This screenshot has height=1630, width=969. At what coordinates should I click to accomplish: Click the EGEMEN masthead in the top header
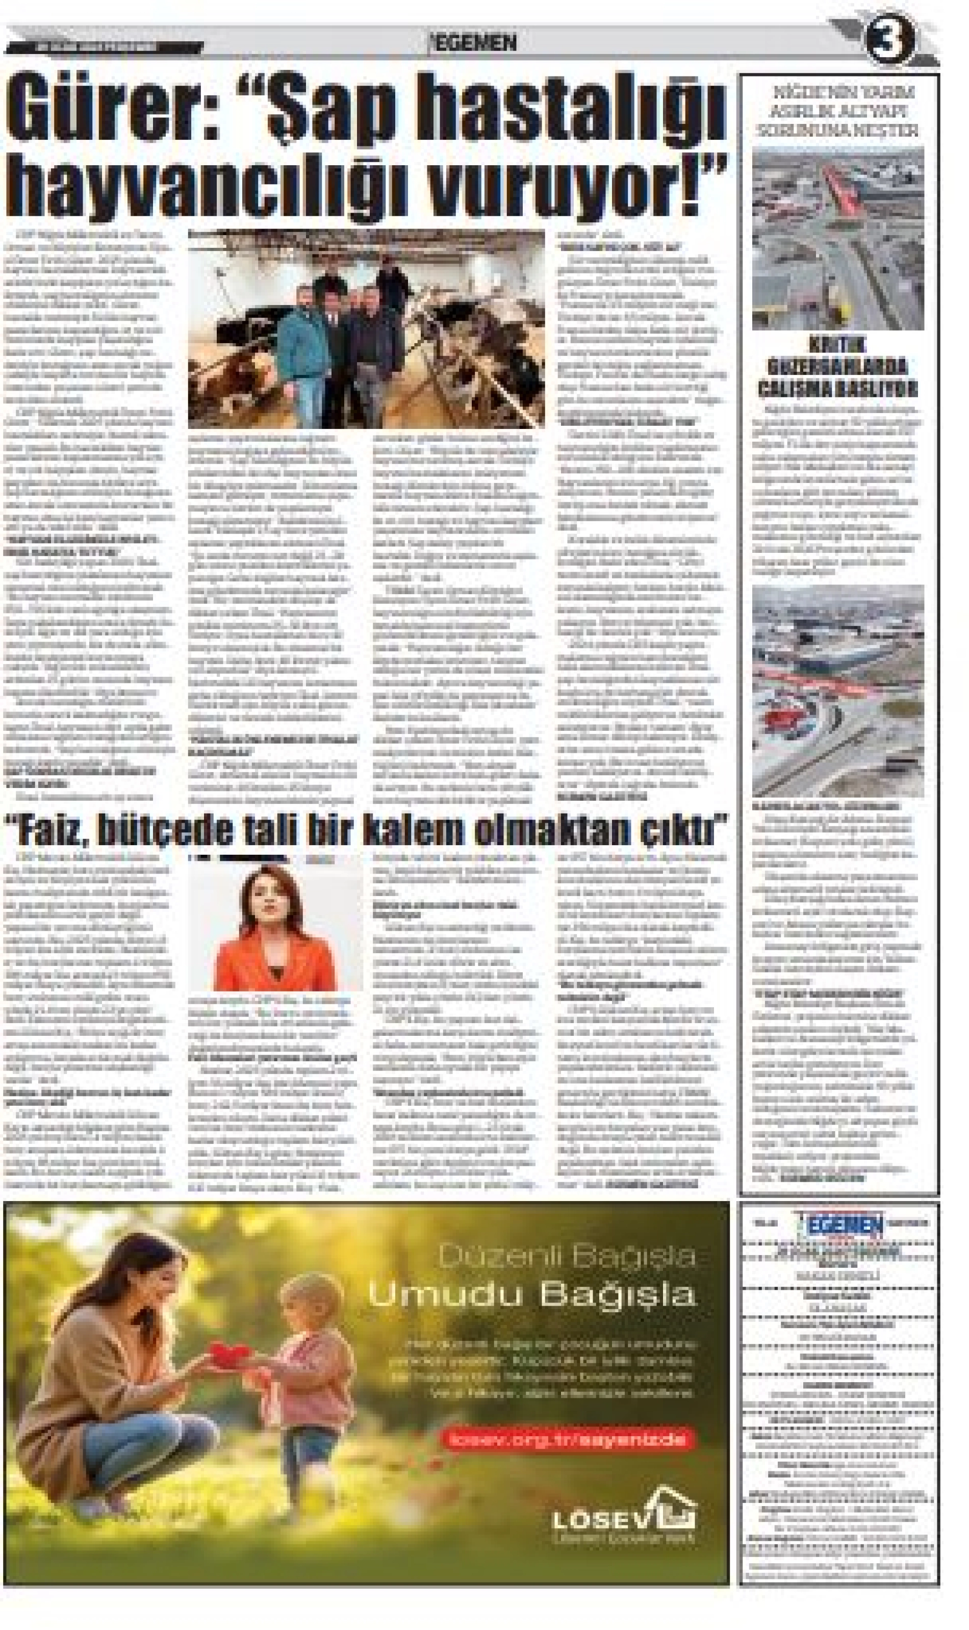(473, 43)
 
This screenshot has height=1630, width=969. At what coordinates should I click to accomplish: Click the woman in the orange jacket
(275, 927)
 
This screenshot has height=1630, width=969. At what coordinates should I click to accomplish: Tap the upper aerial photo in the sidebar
(838, 238)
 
